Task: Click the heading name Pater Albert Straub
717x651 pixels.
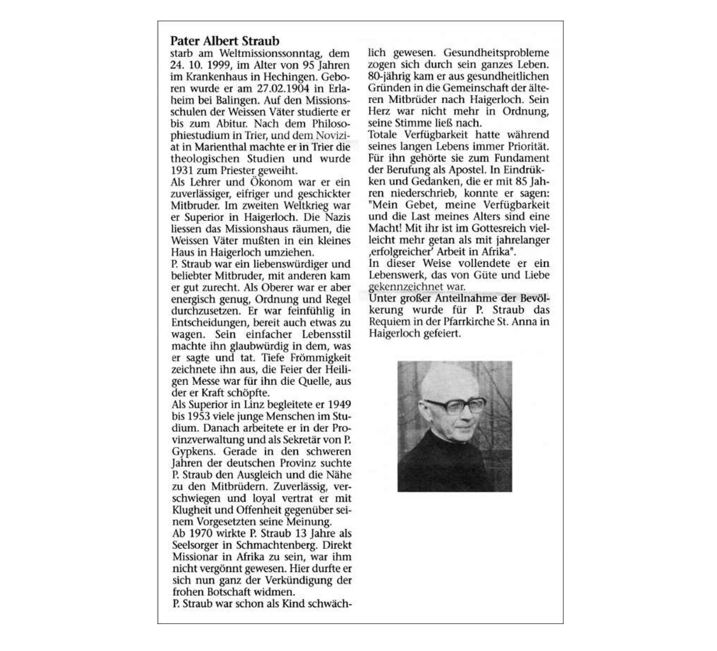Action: (x=225, y=41)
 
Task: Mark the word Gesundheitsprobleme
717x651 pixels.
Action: (x=496, y=53)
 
